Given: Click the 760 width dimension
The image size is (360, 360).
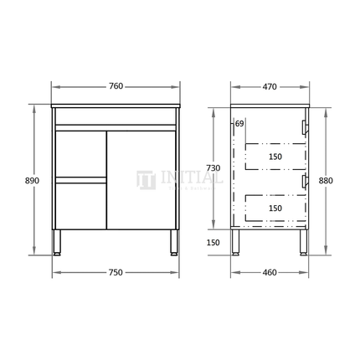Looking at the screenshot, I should [116, 86].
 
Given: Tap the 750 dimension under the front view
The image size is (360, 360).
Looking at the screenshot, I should [116, 272].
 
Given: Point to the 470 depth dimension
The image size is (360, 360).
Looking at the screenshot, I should [269, 86].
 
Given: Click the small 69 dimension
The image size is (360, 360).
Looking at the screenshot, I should [239, 124].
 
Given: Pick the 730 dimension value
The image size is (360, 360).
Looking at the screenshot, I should [214, 168].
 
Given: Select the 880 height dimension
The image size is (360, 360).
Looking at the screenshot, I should [327, 179].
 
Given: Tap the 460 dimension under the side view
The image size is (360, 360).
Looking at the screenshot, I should [269, 272].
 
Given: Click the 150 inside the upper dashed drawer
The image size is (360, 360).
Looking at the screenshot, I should [275, 156].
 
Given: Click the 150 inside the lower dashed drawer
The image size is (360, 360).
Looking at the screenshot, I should [275, 207].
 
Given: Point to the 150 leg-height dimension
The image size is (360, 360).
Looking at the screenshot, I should [214, 242].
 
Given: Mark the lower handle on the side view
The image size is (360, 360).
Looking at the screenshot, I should [304, 180].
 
